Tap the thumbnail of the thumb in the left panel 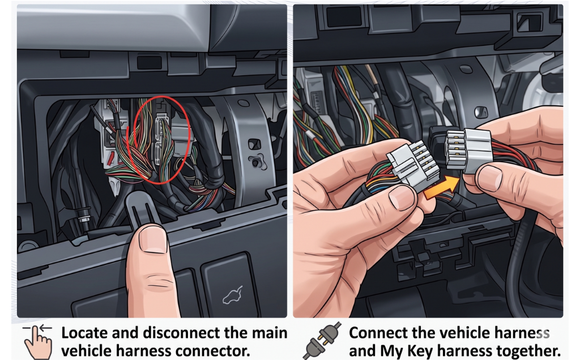pyautogui.click(x=153, y=239)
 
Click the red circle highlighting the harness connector pyautogui.click(x=162, y=139)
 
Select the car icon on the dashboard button pyautogui.click(x=232, y=295)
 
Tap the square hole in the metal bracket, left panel pyautogui.click(x=254, y=144)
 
